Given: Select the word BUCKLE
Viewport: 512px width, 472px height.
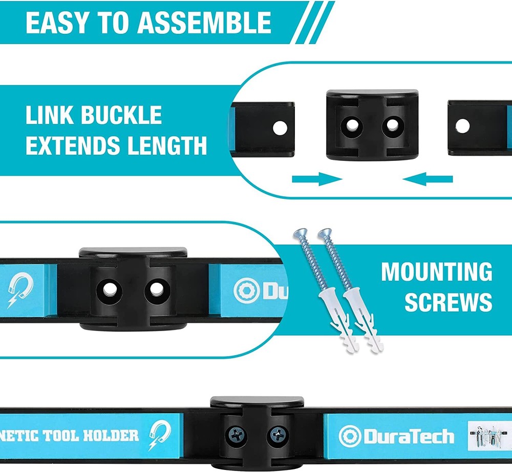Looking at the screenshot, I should coord(121,116).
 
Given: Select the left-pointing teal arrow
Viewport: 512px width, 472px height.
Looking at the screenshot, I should coord(428,179).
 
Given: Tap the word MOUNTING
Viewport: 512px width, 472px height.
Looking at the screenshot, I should coord(437,272).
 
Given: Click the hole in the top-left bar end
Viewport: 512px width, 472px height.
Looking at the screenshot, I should coord(280,128).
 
